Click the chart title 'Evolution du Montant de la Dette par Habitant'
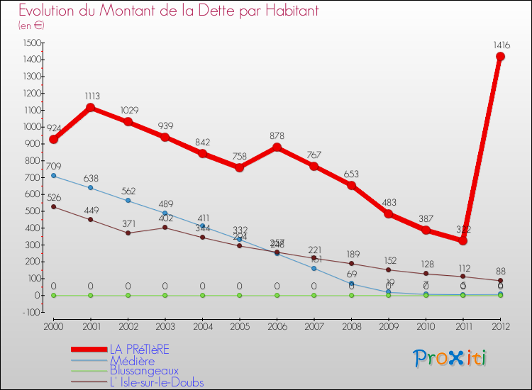pos(169,11)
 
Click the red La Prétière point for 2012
pos(500,57)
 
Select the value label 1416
pos(500,45)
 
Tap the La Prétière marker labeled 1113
pos(91,108)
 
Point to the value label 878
pos(277,135)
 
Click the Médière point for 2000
pos(53,175)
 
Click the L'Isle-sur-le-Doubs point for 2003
pos(165,228)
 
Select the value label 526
pos(53,198)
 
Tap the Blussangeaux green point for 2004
pos(202,295)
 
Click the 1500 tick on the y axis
pos(32,43)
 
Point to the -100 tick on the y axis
pos(32,312)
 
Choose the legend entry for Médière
pos(131,360)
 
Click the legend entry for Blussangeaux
pos(144,371)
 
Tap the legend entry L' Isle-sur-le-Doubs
pos(156,382)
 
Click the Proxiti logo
pos(450,358)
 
